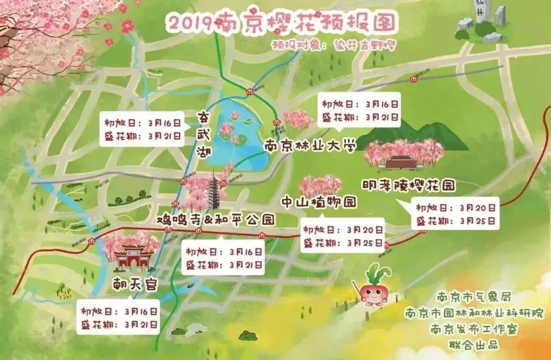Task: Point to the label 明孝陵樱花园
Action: pos(408,184)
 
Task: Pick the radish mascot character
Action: pos(374,289)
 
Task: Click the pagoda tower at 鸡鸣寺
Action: pos(214,191)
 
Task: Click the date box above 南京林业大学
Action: pos(360,110)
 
